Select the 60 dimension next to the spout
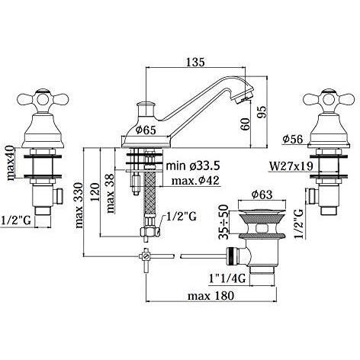coord(246,124)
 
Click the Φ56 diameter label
coord(295,140)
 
